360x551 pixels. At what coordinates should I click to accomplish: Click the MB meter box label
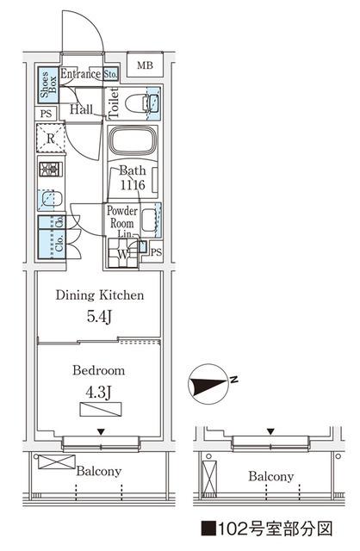pos(145,65)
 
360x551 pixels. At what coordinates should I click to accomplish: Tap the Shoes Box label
pos(48,84)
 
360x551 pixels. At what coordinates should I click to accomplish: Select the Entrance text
pos(80,74)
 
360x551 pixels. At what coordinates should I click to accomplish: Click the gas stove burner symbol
pos(51,170)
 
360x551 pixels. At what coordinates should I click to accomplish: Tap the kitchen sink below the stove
pos(51,199)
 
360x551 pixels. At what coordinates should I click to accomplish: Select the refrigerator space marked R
pos(51,138)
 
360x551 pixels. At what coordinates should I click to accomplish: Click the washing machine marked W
pos(122,253)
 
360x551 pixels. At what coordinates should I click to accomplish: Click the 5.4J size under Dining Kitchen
pos(99,317)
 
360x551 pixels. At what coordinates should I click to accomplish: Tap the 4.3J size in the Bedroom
pos(98,392)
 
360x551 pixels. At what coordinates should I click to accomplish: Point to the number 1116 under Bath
pos(133,185)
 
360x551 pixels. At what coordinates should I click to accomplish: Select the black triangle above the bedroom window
pos(102,432)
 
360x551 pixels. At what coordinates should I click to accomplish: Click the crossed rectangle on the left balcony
pos(57,461)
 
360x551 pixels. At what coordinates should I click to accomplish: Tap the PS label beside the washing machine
pos(157,252)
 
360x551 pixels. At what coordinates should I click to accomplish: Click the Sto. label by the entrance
pos(111,74)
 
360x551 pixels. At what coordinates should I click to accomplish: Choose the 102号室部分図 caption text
pos(267,529)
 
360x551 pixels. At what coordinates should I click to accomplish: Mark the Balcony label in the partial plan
pos(271,476)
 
